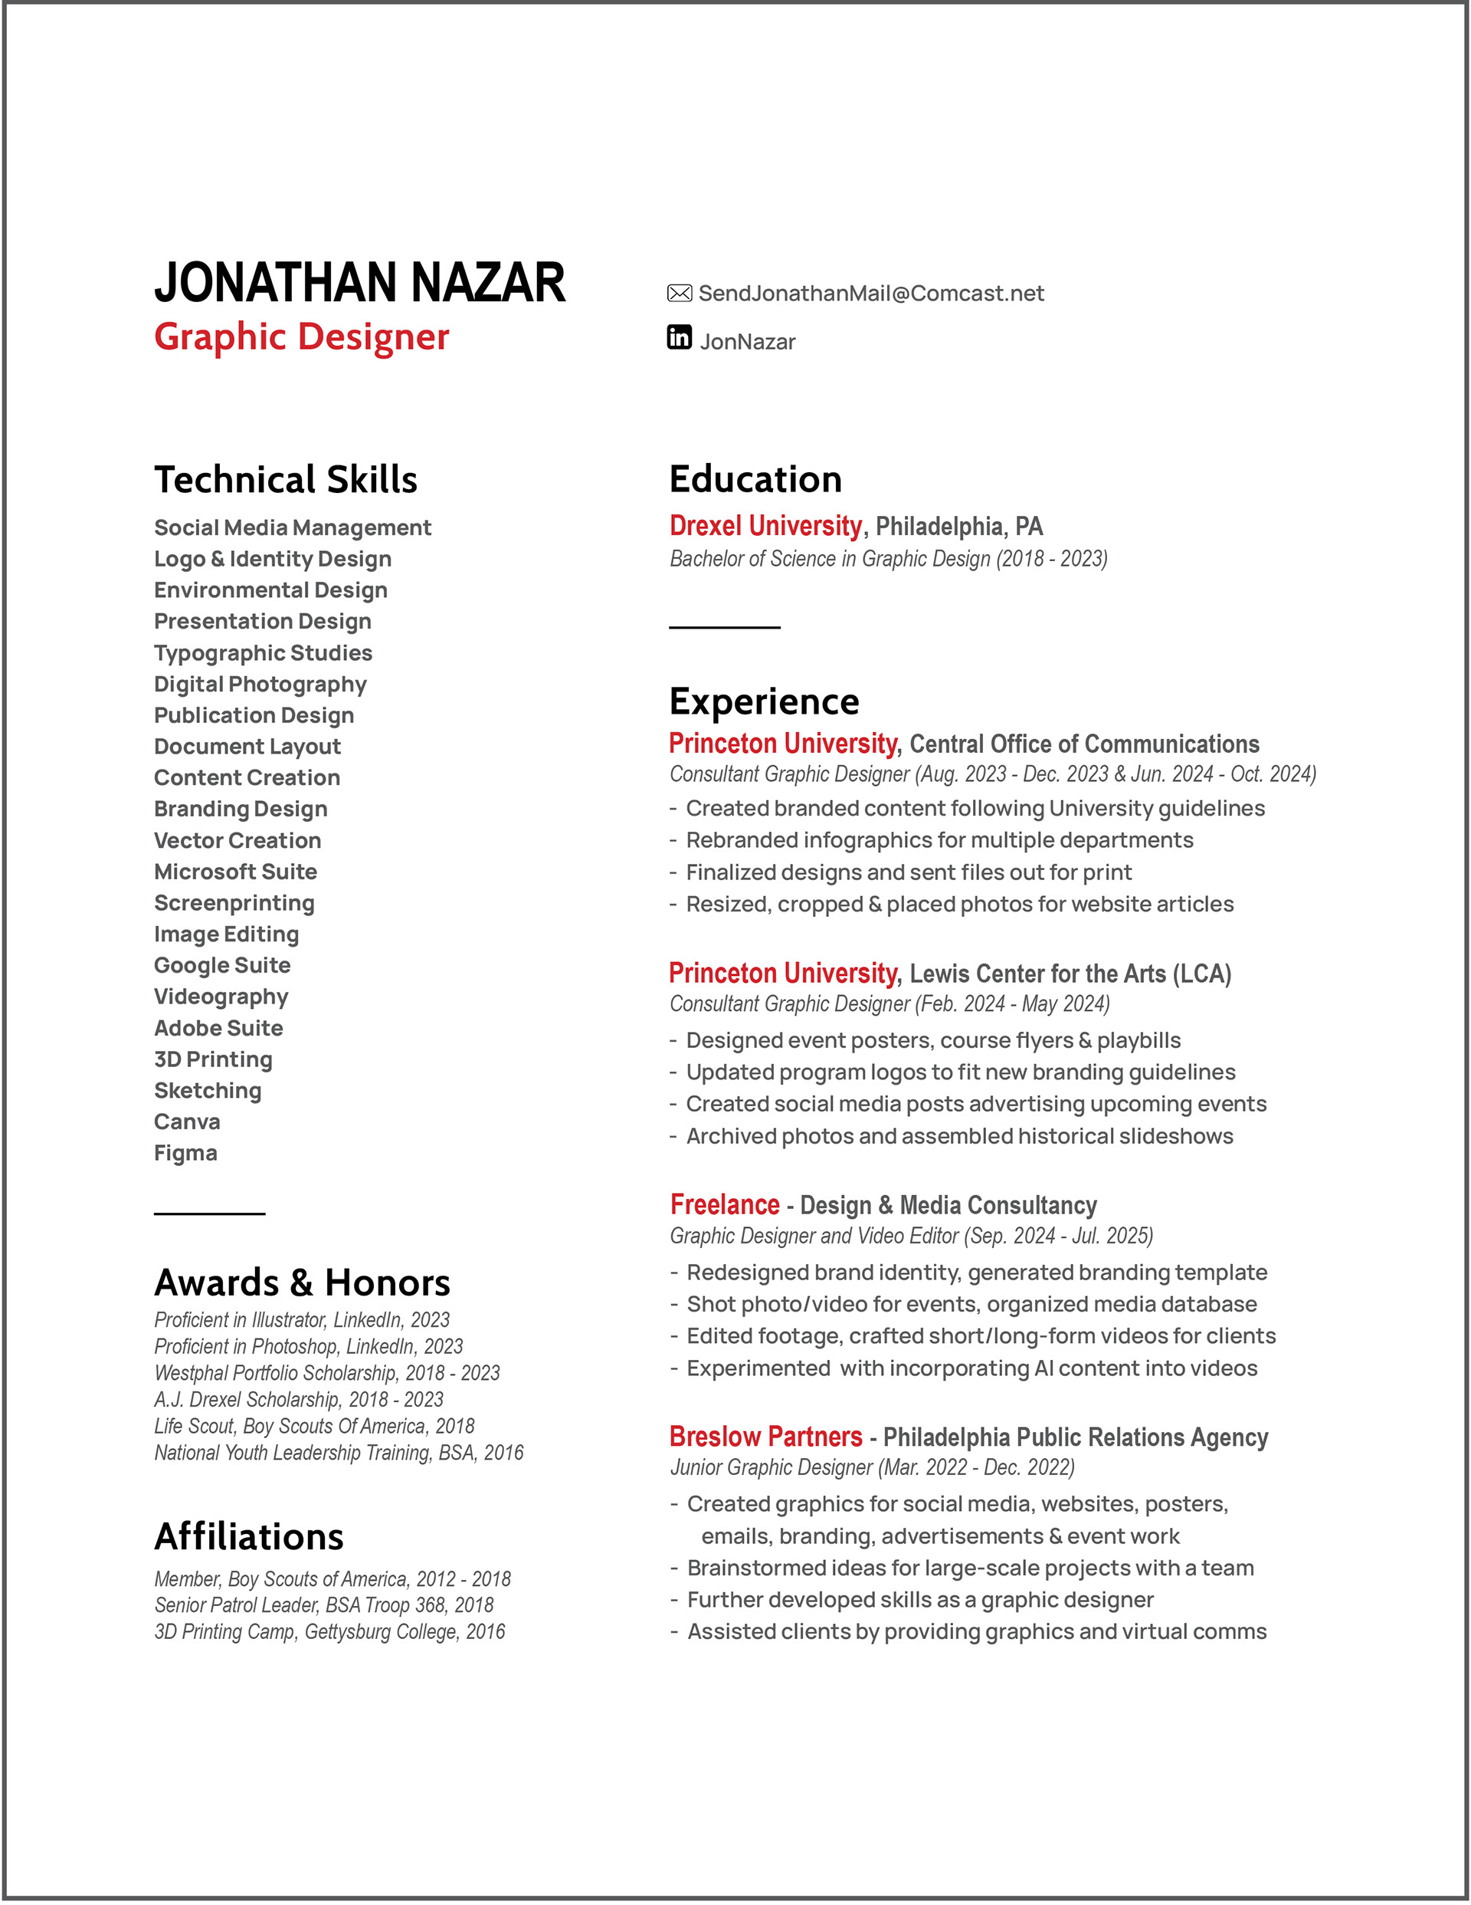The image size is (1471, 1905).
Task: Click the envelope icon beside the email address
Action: (x=680, y=293)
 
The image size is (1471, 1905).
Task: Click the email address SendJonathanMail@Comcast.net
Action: (x=870, y=294)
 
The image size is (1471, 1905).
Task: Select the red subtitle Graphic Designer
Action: (x=302, y=337)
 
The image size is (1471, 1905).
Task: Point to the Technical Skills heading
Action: (x=286, y=480)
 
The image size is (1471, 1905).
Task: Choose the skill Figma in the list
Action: (x=185, y=1153)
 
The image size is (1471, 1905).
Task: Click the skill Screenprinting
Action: (x=234, y=903)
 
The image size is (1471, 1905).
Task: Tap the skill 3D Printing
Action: (x=214, y=1059)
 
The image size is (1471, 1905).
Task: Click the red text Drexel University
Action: (x=765, y=526)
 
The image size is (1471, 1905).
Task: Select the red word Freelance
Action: (x=725, y=1204)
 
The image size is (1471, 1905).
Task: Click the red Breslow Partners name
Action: (x=765, y=1437)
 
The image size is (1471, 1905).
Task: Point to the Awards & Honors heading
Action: (x=303, y=1283)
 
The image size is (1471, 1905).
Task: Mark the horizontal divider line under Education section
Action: (x=725, y=627)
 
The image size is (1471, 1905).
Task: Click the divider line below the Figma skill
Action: (x=209, y=1214)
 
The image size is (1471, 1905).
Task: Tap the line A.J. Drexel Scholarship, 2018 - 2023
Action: (x=299, y=1400)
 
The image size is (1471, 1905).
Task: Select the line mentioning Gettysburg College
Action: (x=329, y=1632)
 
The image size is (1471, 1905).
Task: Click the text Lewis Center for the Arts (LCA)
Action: (x=1070, y=974)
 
